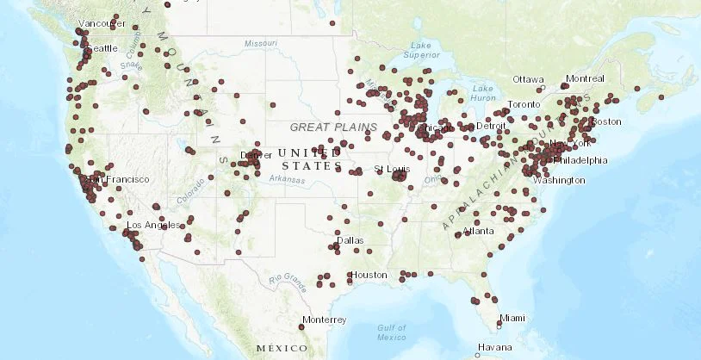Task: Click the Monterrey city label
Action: pyautogui.click(x=325, y=320)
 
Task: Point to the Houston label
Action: pyautogui.click(x=369, y=276)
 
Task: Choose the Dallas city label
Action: pyautogui.click(x=350, y=240)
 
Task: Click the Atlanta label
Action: pyautogui.click(x=478, y=231)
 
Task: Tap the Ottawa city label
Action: pyautogui.click(x=528, y=79)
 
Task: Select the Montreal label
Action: pyautogui.click(x=585, y=78)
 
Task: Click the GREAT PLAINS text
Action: pyautogui.click(x=333, y=127)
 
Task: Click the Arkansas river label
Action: pyautogui.click(x=287, y=179)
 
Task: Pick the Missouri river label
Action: pyautogui.click(x=261, y=42)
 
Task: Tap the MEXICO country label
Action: pyautogui.click(x=282, y=348)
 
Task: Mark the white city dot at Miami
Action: pyautogui.click(x=499, y=326)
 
